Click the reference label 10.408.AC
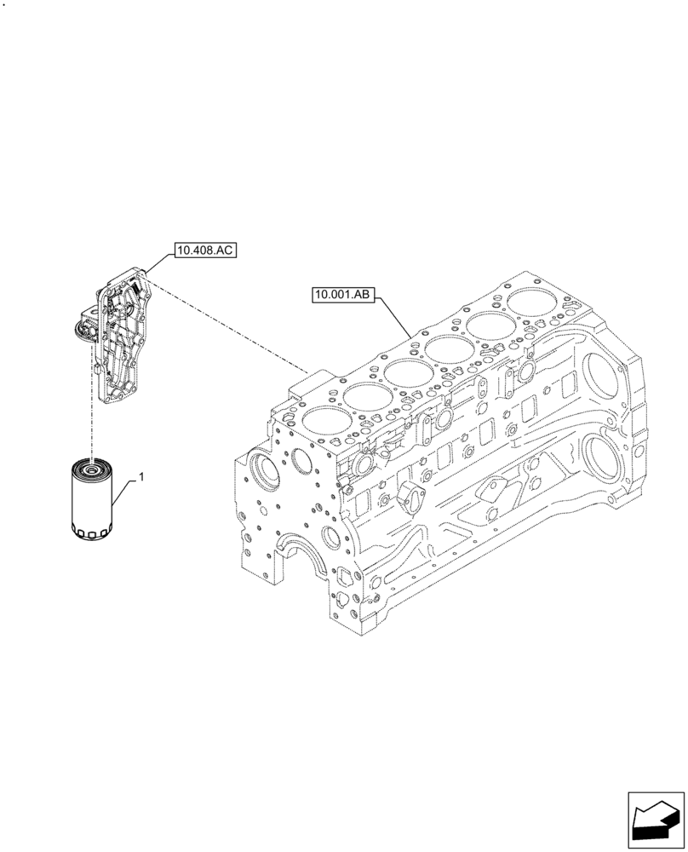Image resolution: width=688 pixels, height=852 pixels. click(x=204, y=250)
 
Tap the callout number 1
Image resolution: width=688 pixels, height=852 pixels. click(x=140, y=478)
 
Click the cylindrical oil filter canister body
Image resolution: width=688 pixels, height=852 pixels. click(x=90, y=503)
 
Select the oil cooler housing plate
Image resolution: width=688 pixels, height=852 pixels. click(x=123, y=337)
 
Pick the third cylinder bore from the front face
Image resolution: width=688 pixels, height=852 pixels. click(x=410, y=372)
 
